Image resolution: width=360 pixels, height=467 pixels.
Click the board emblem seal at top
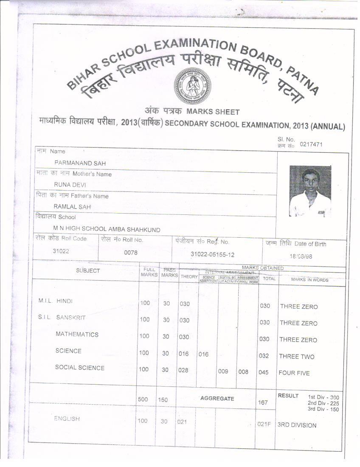click(x=192, y=86)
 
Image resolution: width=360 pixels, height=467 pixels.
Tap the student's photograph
click(x=310, y=191)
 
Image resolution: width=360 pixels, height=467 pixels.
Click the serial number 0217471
click(x=311, y=144)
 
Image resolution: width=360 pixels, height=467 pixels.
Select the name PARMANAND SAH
click(x=80, y=163)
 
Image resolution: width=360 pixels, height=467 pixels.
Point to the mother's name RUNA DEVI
click(x=70, y=185)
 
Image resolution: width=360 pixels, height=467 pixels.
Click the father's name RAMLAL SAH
click(x=72, y=207)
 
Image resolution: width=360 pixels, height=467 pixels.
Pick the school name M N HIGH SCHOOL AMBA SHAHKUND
click(x=107, y=230)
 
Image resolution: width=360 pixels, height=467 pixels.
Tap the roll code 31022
click(x=61, y=251)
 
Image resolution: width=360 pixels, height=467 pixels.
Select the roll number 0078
click(x=130, y=253)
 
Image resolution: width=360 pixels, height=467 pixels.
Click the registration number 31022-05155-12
click(x=212, y=254)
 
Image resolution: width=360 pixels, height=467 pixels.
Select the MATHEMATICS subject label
click(x=77, y=335)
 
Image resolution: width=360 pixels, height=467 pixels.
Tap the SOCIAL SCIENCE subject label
click(x=79, y=368)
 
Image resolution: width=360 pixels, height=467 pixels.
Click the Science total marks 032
click(x=264, y=356)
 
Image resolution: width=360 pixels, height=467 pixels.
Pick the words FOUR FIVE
click(x=294, y=373)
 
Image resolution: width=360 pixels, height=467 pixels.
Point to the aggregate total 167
click(x=263, y=402)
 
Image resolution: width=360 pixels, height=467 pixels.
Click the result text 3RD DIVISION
click(x=297, y=425)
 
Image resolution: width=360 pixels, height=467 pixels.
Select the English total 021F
click(x=264, y=424)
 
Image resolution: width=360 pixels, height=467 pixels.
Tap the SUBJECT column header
click(x=88, y=271)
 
